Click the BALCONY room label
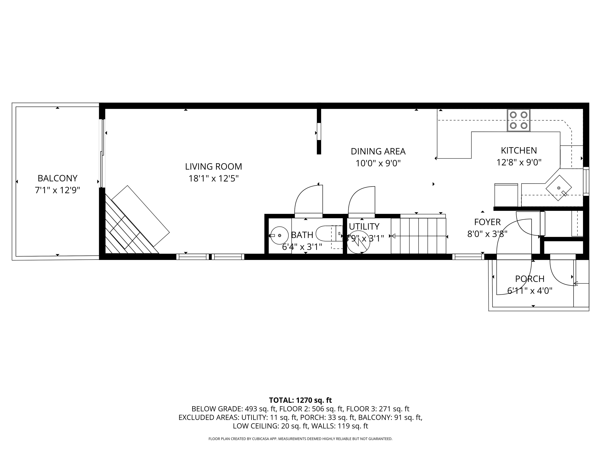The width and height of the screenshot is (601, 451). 57,178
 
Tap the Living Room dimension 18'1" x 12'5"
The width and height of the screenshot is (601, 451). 214,179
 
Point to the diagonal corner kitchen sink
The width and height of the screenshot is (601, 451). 559,188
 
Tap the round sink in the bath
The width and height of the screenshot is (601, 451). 280,235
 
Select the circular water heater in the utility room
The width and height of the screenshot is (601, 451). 359,242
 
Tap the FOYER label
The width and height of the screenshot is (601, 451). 487,222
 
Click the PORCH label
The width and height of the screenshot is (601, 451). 530,279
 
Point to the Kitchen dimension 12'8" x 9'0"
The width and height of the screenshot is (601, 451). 519,162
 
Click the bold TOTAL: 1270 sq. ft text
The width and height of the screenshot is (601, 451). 300,400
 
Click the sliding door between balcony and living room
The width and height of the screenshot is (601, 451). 103,154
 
